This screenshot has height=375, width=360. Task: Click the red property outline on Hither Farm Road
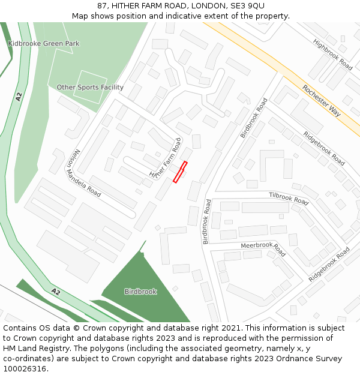[181, 172]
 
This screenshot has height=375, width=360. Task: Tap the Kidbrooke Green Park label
[44, 44]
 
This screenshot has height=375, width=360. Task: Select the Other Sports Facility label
[90, 88]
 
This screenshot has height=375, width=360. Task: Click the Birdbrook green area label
[140, 292]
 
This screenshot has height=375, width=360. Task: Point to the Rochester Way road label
[322, 100]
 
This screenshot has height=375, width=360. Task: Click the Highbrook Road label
[332, 55]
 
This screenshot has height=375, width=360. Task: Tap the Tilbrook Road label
[289, 199]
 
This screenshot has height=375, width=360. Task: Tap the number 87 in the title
[102, 6]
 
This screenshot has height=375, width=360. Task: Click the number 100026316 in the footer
[25, 369]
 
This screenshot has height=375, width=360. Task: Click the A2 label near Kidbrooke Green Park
[19, 97]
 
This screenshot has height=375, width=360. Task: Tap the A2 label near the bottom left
[55, 292]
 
